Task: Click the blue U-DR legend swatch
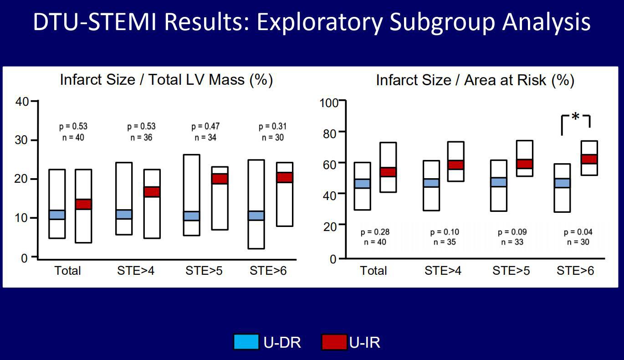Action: pos(246,342)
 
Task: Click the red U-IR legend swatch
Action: pos(334,342)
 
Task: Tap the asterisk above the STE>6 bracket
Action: pos(575,117)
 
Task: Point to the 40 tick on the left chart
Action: pos(22,102)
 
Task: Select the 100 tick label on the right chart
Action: pos(329,103)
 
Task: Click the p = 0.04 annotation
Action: pos(578,232)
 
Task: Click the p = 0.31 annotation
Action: pos(272,127)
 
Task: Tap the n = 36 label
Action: pos(141,137)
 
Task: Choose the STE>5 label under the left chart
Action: pos(204,271)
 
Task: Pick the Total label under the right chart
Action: pos(373,271)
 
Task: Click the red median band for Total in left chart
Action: pos(83,204)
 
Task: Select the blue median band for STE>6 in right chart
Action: pos(562,183)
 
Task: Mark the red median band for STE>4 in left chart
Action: pos(152,192)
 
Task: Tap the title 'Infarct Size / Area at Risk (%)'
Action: pos(475,80)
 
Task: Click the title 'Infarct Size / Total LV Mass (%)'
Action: pos(166,80)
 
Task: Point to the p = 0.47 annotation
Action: pos(205,127)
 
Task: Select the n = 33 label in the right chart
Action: pos(512,242)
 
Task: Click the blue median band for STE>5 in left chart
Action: pos(191,216)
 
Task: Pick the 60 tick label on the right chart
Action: pos(330,165)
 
